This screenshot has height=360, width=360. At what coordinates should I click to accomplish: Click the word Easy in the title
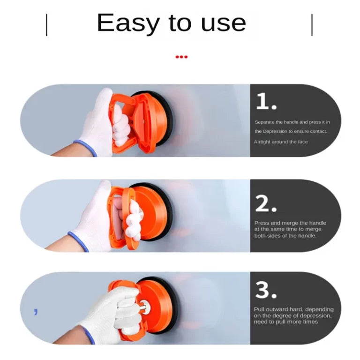(x=128, y=23)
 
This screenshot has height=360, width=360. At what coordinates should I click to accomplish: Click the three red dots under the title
(x=181, y=57)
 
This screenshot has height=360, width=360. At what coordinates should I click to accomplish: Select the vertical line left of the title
(x=47, y=25)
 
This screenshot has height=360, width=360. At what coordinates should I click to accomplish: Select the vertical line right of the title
(x=312, y=25)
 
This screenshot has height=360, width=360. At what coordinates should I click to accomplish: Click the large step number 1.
(x=266, y=101)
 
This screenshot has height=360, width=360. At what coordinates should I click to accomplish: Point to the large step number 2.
(x=266, y=203)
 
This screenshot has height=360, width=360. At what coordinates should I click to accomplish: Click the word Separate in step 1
(x=264, y=122)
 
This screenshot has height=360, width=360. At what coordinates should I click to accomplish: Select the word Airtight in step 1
(x=262, y=142)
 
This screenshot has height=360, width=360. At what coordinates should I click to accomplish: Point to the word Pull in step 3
(x=259, y=309)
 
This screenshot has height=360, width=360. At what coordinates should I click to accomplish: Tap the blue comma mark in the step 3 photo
(x=36, y=312)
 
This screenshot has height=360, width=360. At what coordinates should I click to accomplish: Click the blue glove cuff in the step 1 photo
(x=85, y=148)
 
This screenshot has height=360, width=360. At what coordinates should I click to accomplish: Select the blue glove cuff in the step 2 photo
(x=78, y=241)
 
